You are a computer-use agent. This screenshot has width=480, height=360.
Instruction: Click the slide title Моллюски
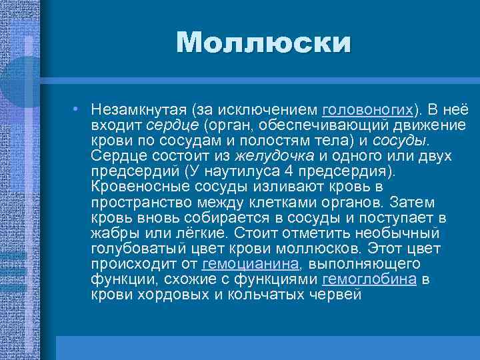point(263,43)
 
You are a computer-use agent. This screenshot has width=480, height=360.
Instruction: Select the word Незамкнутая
point(138,109)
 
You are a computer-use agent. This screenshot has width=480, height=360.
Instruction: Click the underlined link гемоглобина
point(369,278)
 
